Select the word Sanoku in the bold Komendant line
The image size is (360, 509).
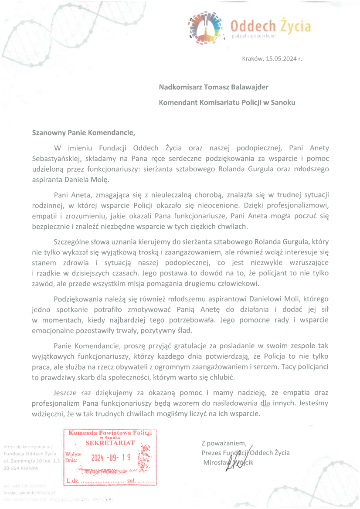coord(283,103)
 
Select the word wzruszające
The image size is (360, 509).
coord(307,263)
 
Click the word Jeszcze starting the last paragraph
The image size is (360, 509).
coord(66,393)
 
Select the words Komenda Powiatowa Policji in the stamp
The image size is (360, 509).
coord(110,433)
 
